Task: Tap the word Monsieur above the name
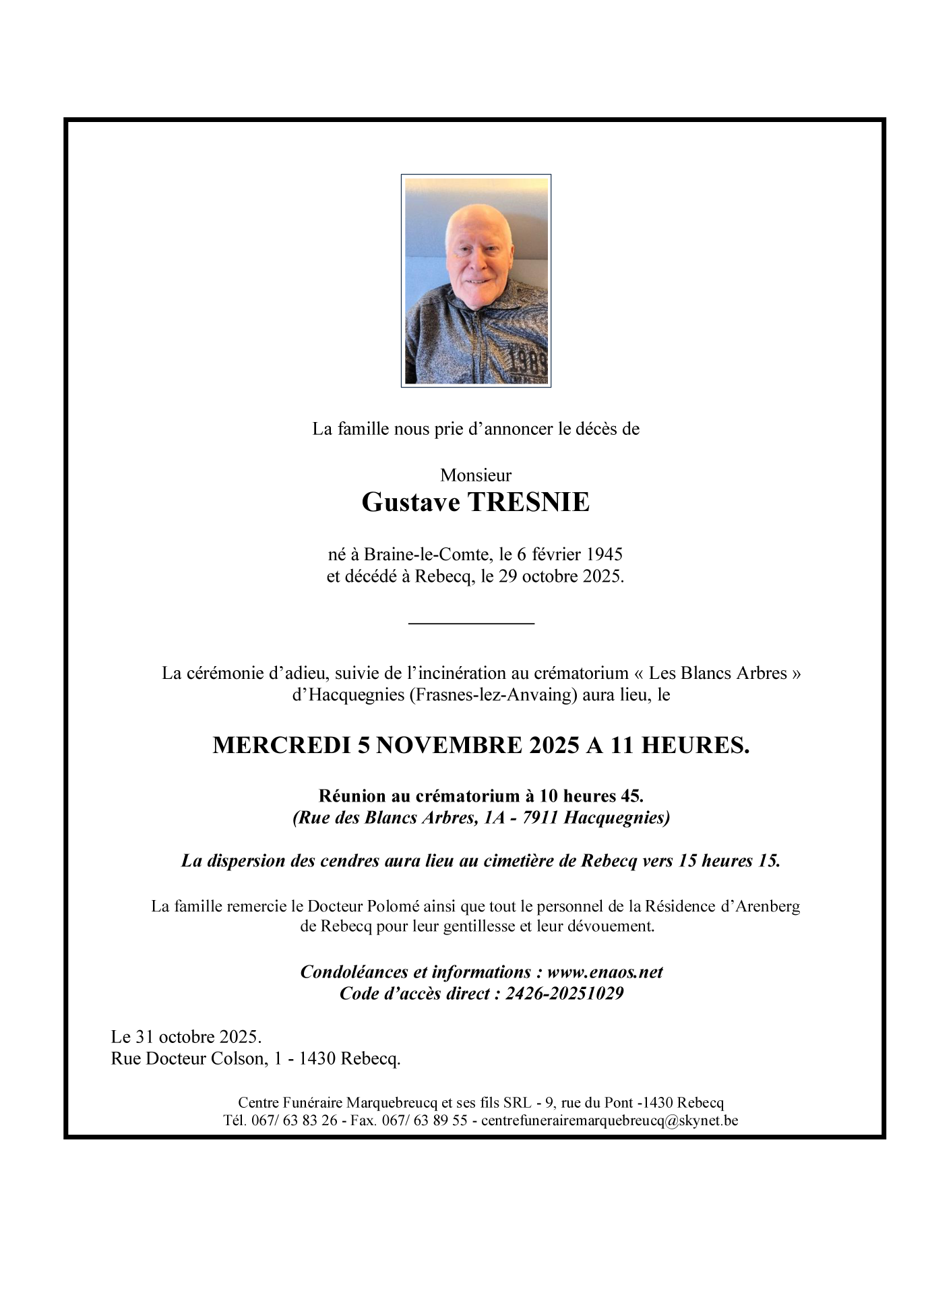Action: (x=476, y=475)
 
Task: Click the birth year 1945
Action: (x=605, y=555)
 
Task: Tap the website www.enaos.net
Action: (x=605, y=972)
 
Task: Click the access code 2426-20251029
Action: (x=565, y=994)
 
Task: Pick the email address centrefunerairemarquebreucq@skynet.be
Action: (x=610, y=1121)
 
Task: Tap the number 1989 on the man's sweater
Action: (x=528, y=363)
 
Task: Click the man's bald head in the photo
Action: (x=479, y=222)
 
